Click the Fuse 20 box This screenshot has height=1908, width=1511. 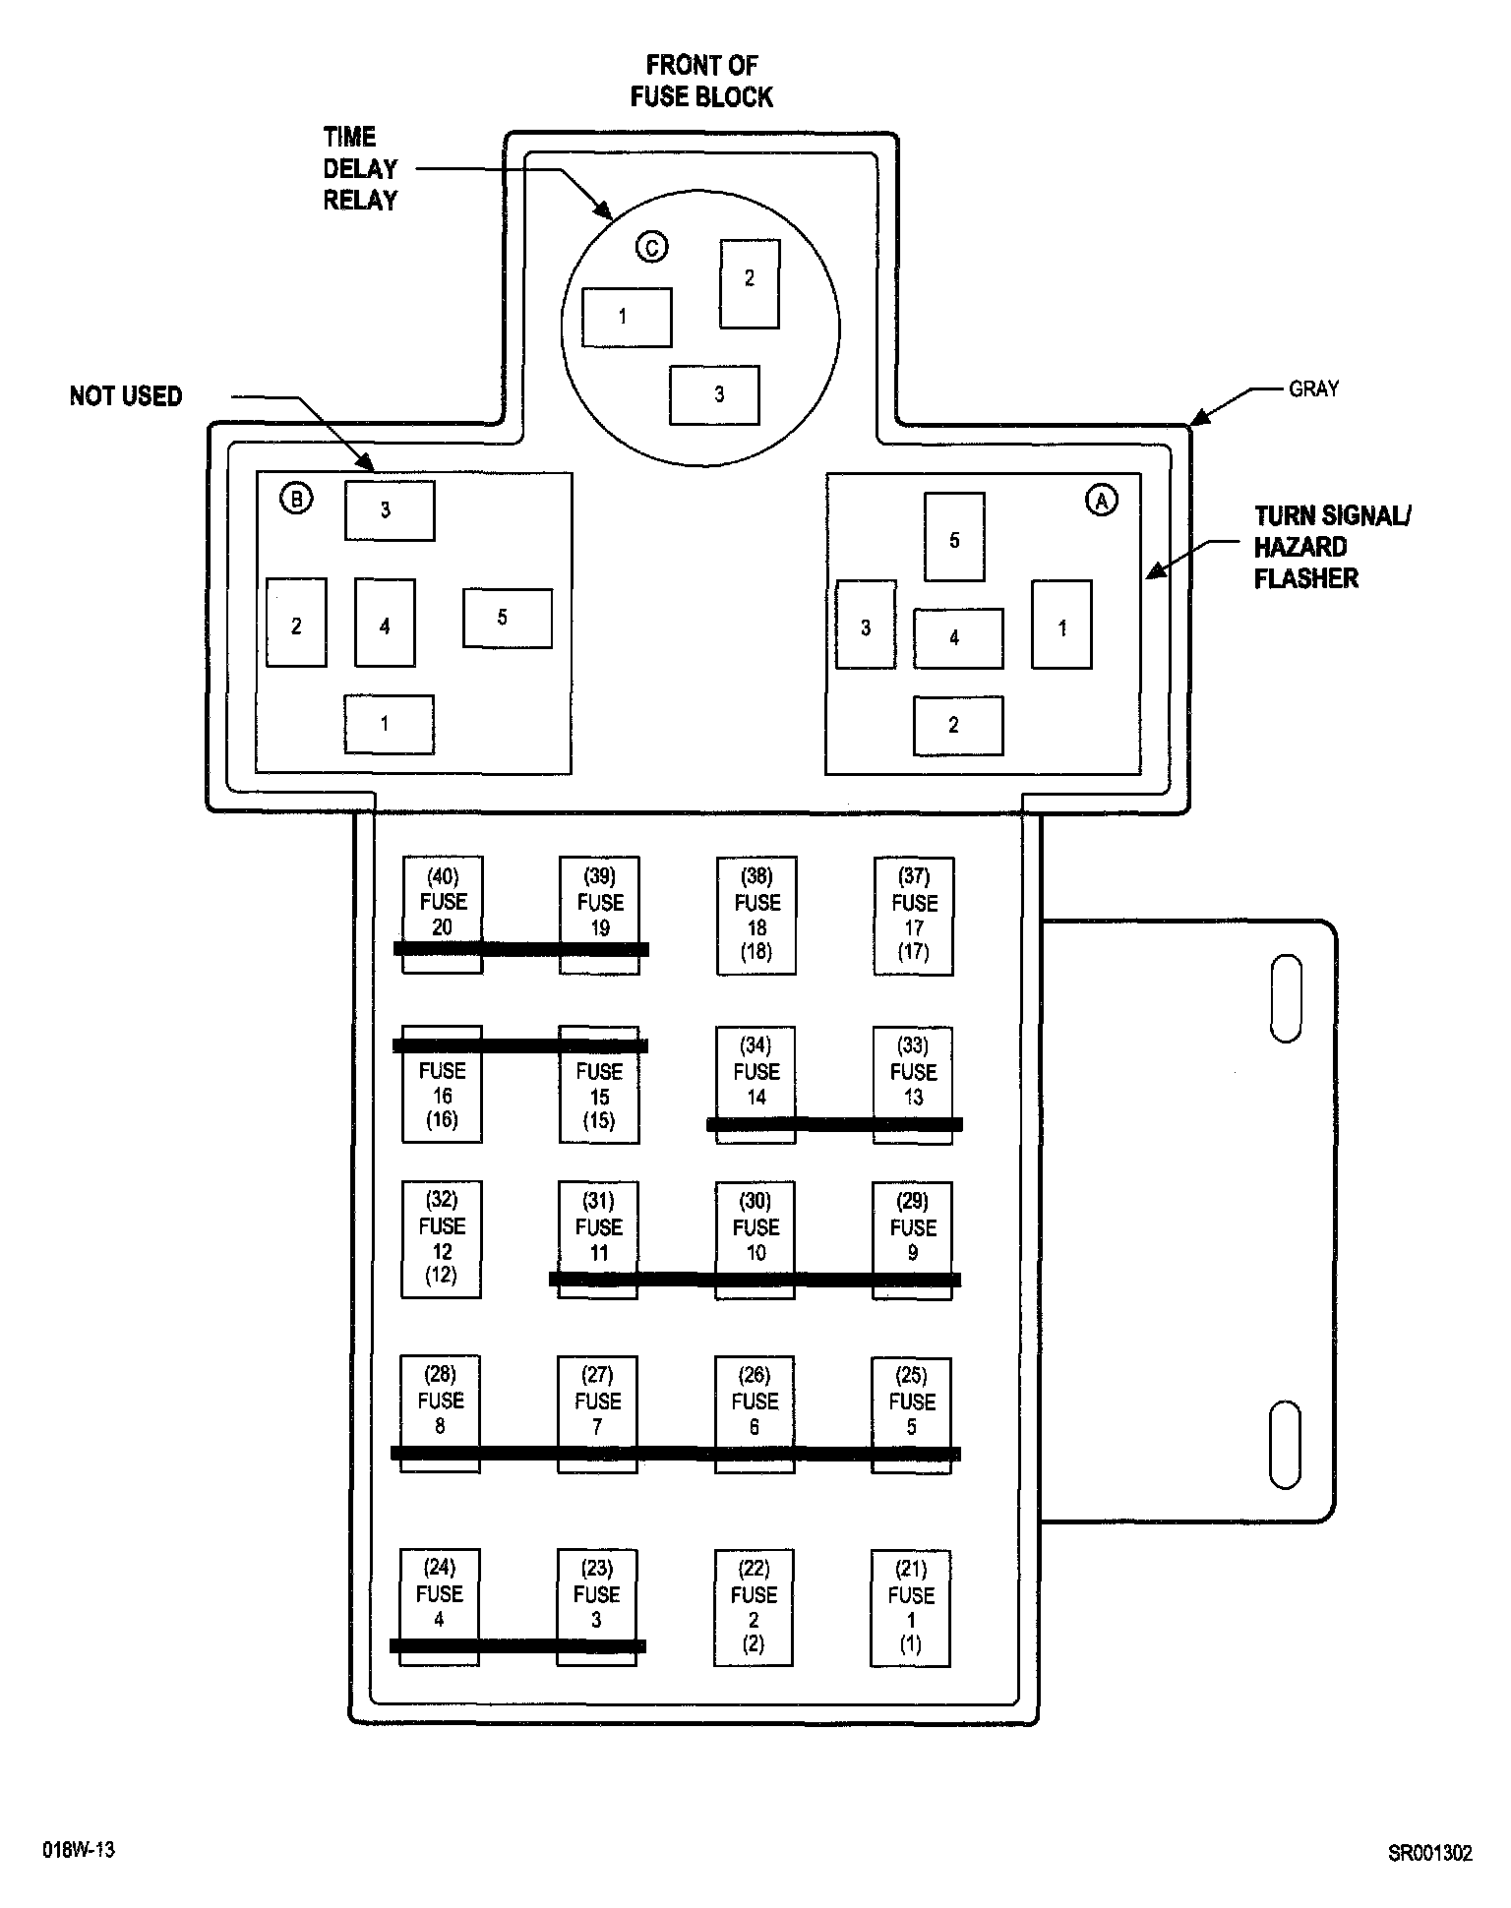[443, 914]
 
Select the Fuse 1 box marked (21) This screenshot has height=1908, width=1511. [910, 1608]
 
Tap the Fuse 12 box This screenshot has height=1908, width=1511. [442, 1238]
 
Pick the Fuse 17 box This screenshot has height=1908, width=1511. [914, 915]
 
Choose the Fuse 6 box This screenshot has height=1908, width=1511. [755, 1413]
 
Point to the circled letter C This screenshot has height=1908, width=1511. [651, 247]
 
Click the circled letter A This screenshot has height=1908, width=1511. [1101, 501]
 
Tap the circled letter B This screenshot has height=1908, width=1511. [296, 499]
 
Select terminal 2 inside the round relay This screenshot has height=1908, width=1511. [750, 283]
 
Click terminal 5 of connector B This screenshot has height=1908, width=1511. [507, 618]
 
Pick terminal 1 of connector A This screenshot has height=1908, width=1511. [1061, 625]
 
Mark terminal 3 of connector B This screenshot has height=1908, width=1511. [389, 510]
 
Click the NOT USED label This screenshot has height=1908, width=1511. [126, 396]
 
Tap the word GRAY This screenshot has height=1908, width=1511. [1313, 389]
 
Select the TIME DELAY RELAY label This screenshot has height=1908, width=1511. [360, 169]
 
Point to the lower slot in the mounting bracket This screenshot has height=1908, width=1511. [1285, 1444]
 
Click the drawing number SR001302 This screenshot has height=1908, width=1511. [1429, 1853]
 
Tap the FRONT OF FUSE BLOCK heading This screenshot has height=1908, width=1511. [701, 82]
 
